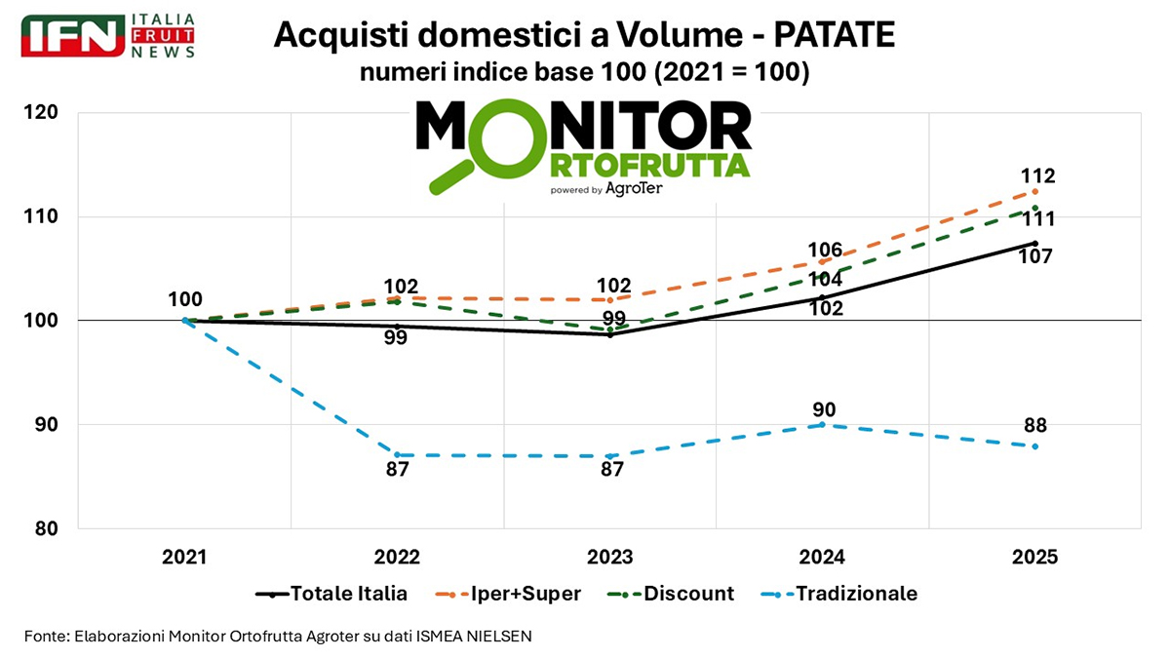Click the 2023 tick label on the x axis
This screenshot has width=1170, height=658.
(609, 557)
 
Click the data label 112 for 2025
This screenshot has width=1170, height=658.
(1038, 176)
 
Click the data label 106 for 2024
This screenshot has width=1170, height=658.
(824, 251)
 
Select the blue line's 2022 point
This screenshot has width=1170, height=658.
(397, 455)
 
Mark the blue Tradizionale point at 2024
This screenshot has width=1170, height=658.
(822, 425)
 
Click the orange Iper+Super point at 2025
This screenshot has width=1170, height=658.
(1034, 191)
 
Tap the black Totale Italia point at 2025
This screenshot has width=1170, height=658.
(1034, 243)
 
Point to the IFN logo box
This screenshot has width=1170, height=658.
(73, 36)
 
